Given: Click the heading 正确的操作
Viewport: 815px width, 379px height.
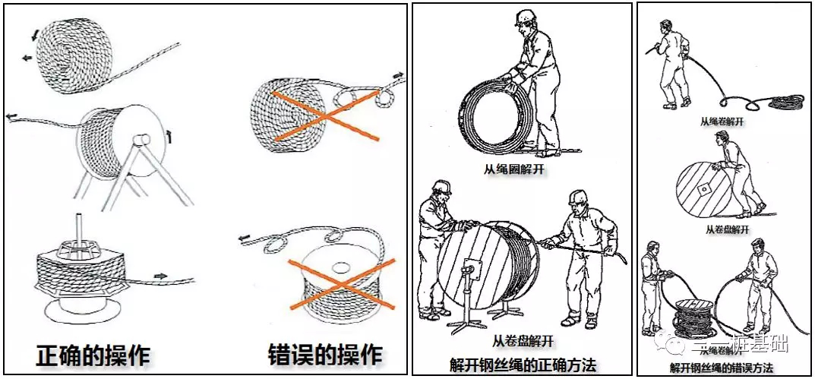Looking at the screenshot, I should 94,355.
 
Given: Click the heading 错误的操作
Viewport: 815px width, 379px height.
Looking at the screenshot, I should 326,355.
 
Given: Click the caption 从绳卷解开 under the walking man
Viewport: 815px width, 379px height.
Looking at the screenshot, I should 722,120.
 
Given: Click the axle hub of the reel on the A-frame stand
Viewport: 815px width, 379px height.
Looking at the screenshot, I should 140,141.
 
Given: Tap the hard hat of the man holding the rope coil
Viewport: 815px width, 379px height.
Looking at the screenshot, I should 524,17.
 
